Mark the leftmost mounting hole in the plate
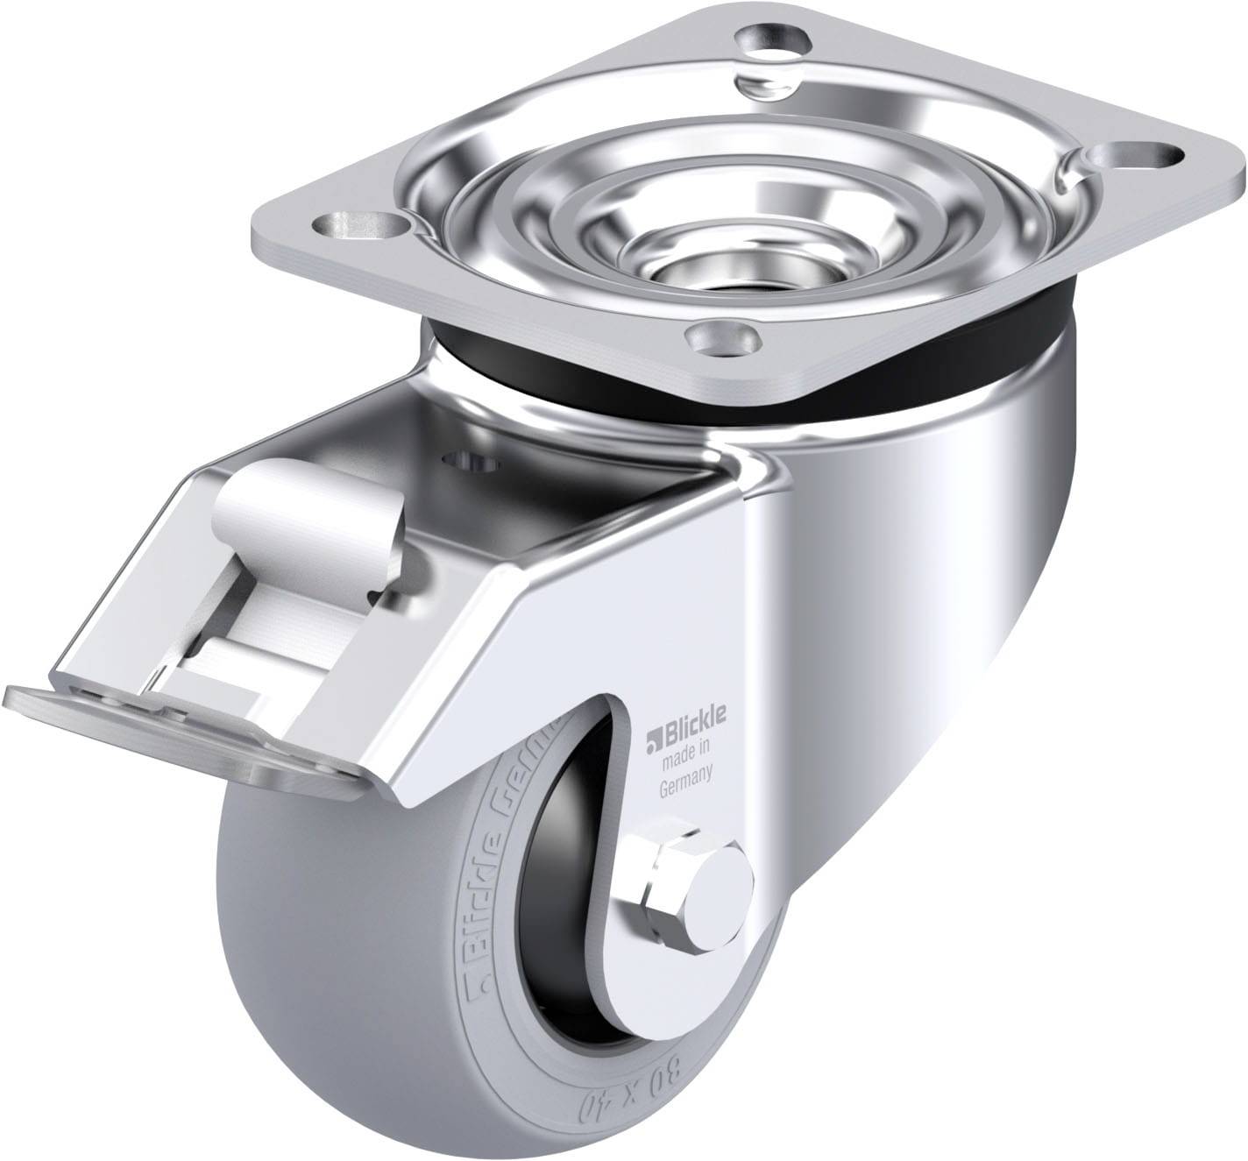click(363, 223)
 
